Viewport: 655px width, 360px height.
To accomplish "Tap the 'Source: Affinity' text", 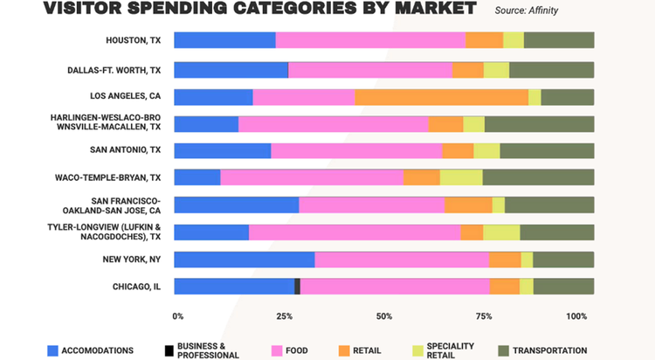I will [x=526, y=10].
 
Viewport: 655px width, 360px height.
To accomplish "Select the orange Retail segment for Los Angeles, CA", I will [x=441, y=97].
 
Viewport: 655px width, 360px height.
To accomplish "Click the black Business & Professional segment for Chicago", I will [x=297, y=287].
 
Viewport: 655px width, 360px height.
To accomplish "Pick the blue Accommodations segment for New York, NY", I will [x=245, y=260].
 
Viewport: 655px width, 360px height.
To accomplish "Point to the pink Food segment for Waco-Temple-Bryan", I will [x=312, y=178].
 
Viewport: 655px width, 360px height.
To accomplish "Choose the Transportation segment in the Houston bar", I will [x=559, y=40].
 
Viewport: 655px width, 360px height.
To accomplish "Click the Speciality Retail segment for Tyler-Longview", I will [x=501, y=232].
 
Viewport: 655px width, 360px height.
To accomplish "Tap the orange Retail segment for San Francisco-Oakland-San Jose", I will [x=468, y=205].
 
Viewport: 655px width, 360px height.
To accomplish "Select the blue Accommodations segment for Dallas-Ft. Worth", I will [x=231, y=70].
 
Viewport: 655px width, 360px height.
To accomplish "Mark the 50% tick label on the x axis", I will [x=384, y=315].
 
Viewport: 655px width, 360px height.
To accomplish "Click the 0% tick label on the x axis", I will [x=178, y=315].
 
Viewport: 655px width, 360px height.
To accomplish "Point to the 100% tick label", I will [x=577, y=315].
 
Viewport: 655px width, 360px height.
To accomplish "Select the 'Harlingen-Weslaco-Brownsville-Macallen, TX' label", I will [x=107, y=122].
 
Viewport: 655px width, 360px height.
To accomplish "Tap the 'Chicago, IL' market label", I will [x=136, y=286].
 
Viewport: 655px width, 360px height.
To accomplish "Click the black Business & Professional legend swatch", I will [x=169, y=350].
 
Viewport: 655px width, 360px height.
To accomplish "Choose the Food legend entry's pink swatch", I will [x=277, y=350].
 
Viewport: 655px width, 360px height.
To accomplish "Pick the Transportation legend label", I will [x=549, y=350].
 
